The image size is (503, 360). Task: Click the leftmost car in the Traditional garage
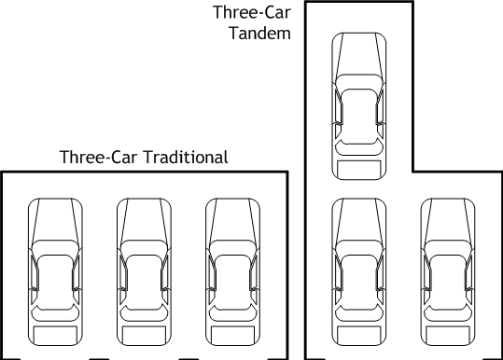click(55, 271)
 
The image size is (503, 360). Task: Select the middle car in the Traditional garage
click(144, 271)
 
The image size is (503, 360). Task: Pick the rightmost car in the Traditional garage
click(233, 271)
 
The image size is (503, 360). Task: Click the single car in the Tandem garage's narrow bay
click(359, 106)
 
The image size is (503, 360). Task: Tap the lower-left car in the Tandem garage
click(359, 271)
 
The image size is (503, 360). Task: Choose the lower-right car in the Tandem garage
click(448, 271)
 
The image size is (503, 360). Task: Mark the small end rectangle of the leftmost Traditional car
click(55, 334)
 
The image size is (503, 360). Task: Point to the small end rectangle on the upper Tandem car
click(359, 169)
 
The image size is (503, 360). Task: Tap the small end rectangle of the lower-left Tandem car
click(359, 334)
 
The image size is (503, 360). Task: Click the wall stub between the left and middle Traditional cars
click(99, 358)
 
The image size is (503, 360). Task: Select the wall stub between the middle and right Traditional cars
click(189, 358)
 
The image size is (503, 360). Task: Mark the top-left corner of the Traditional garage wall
click(2, 173)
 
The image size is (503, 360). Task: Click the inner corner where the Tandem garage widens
click(412, 172)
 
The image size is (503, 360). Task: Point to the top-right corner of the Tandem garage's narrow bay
click(412, 2)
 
